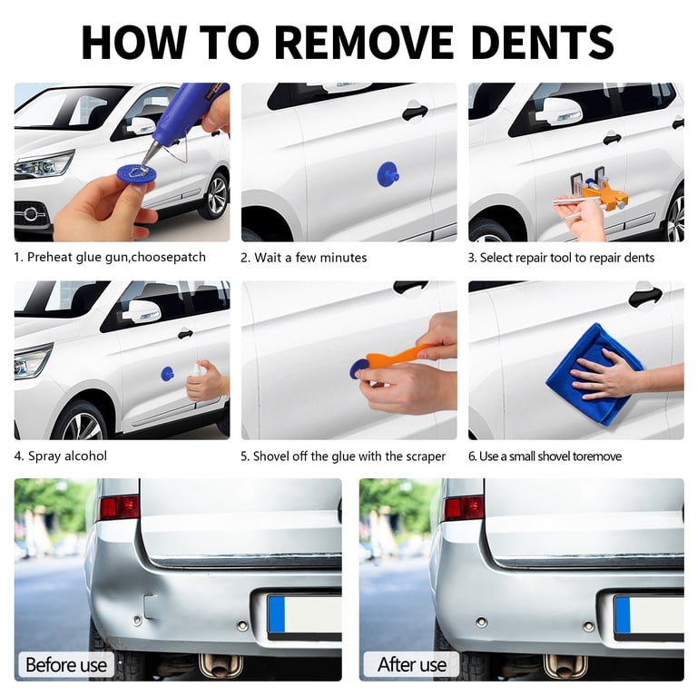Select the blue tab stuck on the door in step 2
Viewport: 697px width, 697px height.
pyautogui.click(x=388, y=174)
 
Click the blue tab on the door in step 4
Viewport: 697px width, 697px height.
pyautogui.click(x=167, y=374)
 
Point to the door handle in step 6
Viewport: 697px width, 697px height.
pyautogui.click(x=645, y=296)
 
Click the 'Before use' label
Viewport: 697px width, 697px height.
pyautogui.click(x=66, y=664)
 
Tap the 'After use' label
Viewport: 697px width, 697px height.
pyautogui.click(x=412, y=664)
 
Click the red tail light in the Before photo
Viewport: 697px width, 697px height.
pyautogui.click(x=119, y=507)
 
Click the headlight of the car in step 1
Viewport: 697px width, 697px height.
pyautogui.click(x=44, y=164)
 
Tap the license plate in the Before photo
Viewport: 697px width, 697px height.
pyautogui.click(x=304, y=616)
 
